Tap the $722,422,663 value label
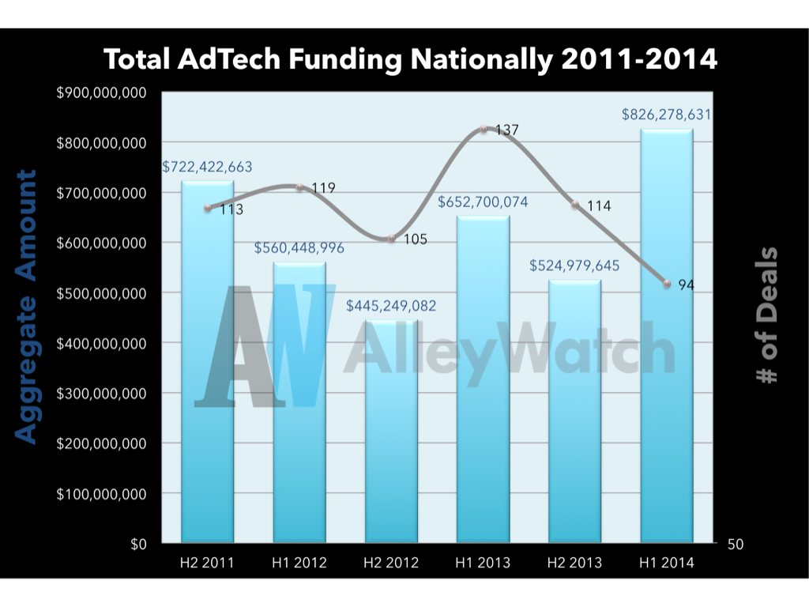[208, 167]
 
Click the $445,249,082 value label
[391, 306]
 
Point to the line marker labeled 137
[484, 129]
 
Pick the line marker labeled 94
[668, 284]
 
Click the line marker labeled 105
[391, 238]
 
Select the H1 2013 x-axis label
[483, 563]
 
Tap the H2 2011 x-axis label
[207, 563]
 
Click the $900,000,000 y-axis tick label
[102, 92]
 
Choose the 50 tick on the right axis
[736, 544]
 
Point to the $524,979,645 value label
[574, 266]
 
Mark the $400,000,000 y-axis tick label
[102, 343]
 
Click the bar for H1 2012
[299, 403]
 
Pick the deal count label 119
[323, 188]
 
